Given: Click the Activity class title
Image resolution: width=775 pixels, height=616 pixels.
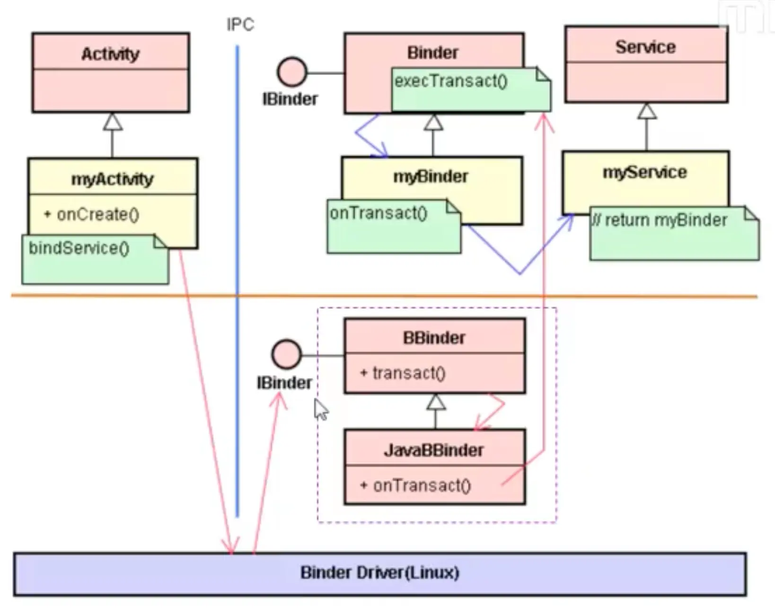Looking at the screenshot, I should tap(110, 54).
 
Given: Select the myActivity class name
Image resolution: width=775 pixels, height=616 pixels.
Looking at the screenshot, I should tap(112, 179).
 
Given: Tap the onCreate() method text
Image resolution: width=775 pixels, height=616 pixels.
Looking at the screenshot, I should tap(97, 215).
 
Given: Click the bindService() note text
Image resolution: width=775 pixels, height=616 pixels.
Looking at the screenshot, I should tap(79, 248).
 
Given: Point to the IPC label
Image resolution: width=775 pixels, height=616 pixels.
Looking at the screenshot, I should tap(240, 25).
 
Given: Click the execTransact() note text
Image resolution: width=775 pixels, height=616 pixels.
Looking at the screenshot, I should tap(451, 81).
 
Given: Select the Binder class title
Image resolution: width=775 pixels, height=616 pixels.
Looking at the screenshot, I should tap(432, 53).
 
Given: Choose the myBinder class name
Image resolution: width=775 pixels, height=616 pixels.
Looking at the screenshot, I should tap(431, 176).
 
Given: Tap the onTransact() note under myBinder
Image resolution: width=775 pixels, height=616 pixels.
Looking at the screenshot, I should tap(379, 213).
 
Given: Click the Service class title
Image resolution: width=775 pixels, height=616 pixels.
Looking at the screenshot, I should tap(645, 47).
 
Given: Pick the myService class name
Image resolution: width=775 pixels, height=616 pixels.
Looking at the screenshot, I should tap(644, 172).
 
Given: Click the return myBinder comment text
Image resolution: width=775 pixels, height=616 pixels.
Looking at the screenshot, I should tap(660, 220).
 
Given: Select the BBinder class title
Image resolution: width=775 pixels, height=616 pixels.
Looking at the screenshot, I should tap(434, 338).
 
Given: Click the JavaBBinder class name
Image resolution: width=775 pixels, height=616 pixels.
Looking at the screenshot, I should tap(434, 450).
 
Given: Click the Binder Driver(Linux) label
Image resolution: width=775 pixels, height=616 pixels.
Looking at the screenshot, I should tap(379, 573).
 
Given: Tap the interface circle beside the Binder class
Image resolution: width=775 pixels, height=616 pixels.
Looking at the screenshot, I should tap(292, 72).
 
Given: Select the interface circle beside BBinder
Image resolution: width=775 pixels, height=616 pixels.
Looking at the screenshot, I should tap(286, 354).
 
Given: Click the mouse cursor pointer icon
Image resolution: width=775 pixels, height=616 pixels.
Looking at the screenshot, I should tap(320, 409).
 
